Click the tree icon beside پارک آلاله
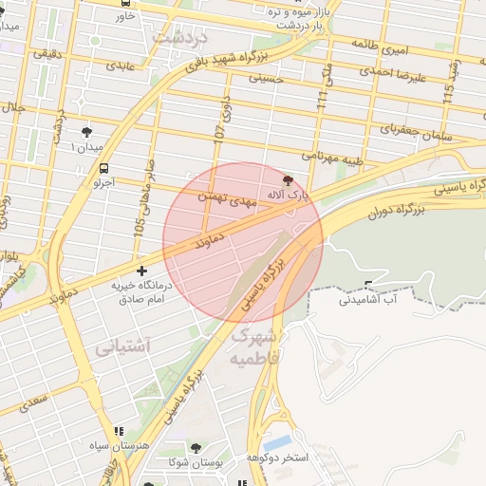coord(289,179)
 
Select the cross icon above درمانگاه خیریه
coord(142,271)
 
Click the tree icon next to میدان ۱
coord(87,132)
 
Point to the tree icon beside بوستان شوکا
coord(196,447)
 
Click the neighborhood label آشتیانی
coord(122,347)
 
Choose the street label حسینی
coord(266,79)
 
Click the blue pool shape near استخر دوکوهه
coord(278,442)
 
